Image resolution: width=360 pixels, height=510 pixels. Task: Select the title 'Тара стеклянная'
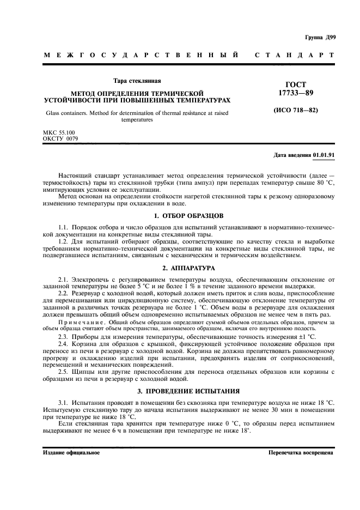[x=137, y=81]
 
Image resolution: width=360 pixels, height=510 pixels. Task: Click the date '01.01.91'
[x=324, y=155]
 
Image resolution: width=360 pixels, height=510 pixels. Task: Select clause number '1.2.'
[x=64, y=242]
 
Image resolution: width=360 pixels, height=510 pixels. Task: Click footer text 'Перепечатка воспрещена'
[x=301, y=453]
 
